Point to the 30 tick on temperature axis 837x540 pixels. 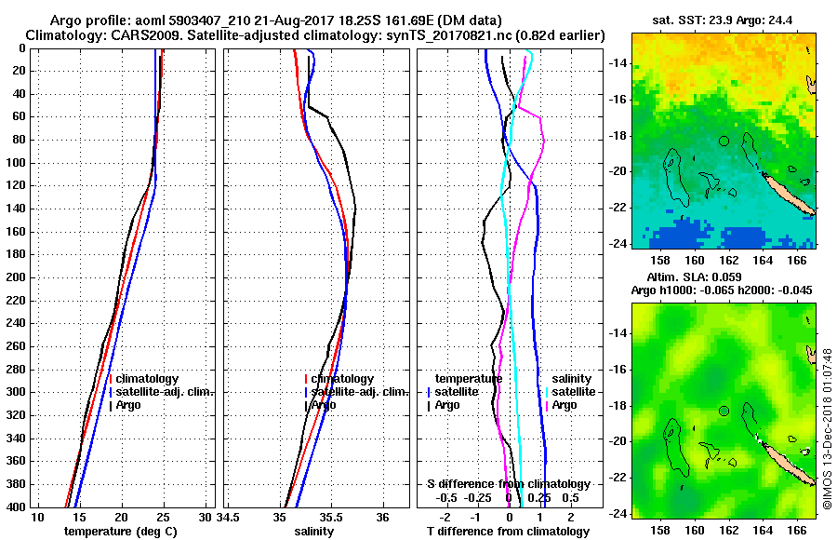(x=206, y=518)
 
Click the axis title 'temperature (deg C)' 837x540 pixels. (x=121, y=532)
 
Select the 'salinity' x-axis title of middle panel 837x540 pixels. (x=313, y=532)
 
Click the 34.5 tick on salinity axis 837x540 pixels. (x=229, y=518)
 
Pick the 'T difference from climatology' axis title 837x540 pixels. (x=507, y=532)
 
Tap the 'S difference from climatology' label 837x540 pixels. (x=508, y=484)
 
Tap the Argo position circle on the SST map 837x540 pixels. (x=724, y=141)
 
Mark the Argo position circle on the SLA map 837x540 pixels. (x=724, y=411)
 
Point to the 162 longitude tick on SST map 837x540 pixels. (x=727, y=262)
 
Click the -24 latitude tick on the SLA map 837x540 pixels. (x=618, y=513)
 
